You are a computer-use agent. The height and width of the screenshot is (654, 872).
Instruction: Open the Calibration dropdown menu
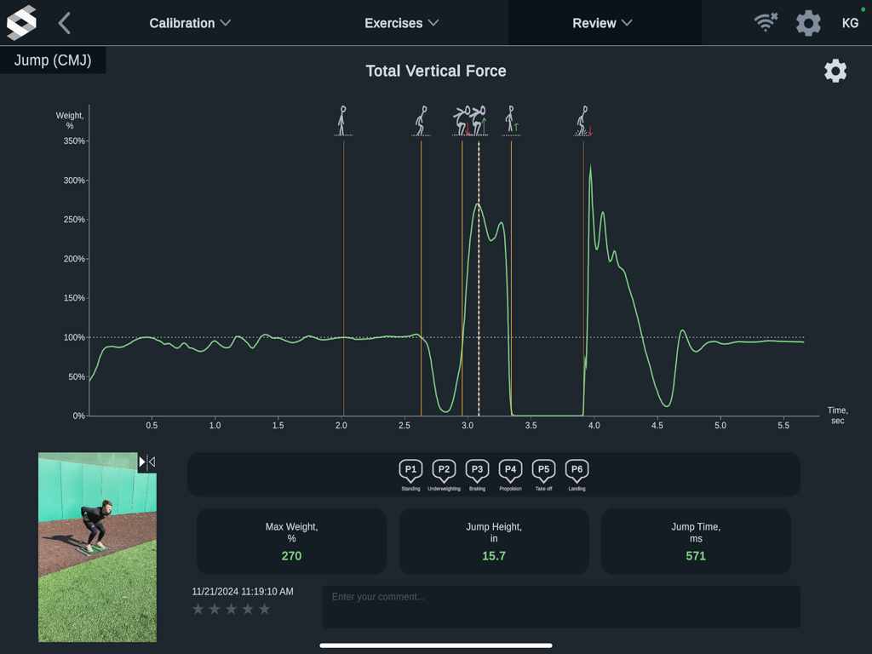190,23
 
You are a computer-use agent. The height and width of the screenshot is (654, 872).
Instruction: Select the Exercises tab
401,23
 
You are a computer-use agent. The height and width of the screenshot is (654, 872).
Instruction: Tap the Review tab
603,23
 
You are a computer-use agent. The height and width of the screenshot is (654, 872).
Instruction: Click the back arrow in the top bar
65,23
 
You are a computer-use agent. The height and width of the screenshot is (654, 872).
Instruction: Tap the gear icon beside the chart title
835,71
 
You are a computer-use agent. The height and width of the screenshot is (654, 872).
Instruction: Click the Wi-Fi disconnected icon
766,23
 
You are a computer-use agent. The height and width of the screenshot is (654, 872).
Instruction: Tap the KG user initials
850,23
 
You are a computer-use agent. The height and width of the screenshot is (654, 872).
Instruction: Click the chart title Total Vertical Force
436,72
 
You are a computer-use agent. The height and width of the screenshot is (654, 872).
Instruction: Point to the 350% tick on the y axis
74,141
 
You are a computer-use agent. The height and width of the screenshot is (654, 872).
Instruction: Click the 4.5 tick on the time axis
657,425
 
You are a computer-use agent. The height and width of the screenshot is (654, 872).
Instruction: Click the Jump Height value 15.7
494,556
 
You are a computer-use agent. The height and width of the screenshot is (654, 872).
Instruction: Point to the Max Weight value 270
291,556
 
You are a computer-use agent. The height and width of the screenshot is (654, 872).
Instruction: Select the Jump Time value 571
696,556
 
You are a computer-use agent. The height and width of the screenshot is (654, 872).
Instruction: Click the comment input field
560,606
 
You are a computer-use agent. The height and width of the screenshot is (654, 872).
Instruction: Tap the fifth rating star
264,609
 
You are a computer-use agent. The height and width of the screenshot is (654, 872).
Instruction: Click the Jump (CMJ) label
53,60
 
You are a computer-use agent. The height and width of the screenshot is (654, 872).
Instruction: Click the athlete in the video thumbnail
95,525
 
